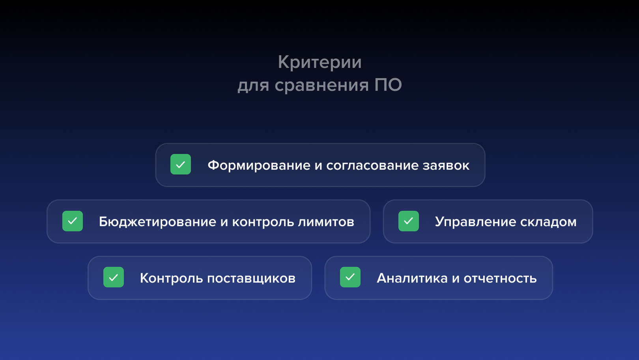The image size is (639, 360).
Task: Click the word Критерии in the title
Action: (x=319, y=62)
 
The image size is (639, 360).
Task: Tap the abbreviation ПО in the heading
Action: (x=388, y=85)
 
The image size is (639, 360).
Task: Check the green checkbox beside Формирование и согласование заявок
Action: (x=181, y=164)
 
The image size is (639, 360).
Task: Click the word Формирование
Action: (x=259, y=165)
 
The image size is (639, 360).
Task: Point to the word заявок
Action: (x=446, y=165)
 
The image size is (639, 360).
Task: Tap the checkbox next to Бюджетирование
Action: (x=73, y=221)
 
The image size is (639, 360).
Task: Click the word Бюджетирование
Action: (x=157, y=222)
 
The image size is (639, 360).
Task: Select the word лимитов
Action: (x=326, y=222)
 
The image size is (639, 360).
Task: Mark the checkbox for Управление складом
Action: (x=409, y=221)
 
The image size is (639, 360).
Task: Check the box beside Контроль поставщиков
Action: (x=114, y=277)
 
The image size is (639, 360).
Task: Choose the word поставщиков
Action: (x=251, y=278)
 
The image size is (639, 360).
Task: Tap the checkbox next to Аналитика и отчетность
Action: (x=350, y=277)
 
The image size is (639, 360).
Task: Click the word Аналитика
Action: (x=412, y=278)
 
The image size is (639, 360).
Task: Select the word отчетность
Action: (x=500, y=278)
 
